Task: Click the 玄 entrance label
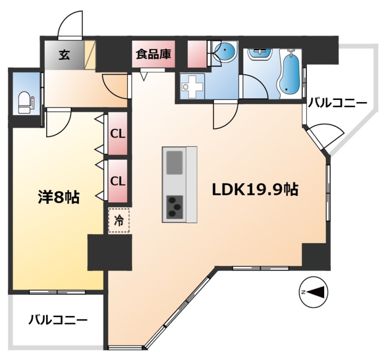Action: pyautogui.click(x=64, y=55)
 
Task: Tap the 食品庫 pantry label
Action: pyautogui.click(x=153, y=54)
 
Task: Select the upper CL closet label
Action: pyautogui.click(x=118, y=134)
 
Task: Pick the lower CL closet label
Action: pyautogui.click(x=118, y=181)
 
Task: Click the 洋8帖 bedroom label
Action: pyautogui.click(x=58, y=197)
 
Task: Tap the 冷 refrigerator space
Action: pyautogui.click(x=119, y=221)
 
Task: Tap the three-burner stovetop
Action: pyautogui.click(x=175, y=207)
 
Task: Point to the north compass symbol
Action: pyautogui.click(x=313, y=292)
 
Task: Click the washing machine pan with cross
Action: pyautogui.click(x=192, y=86)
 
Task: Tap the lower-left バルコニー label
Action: pyautogui.click(x=58, y=320)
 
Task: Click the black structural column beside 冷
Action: pyautogui.click(x=110, y=252)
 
